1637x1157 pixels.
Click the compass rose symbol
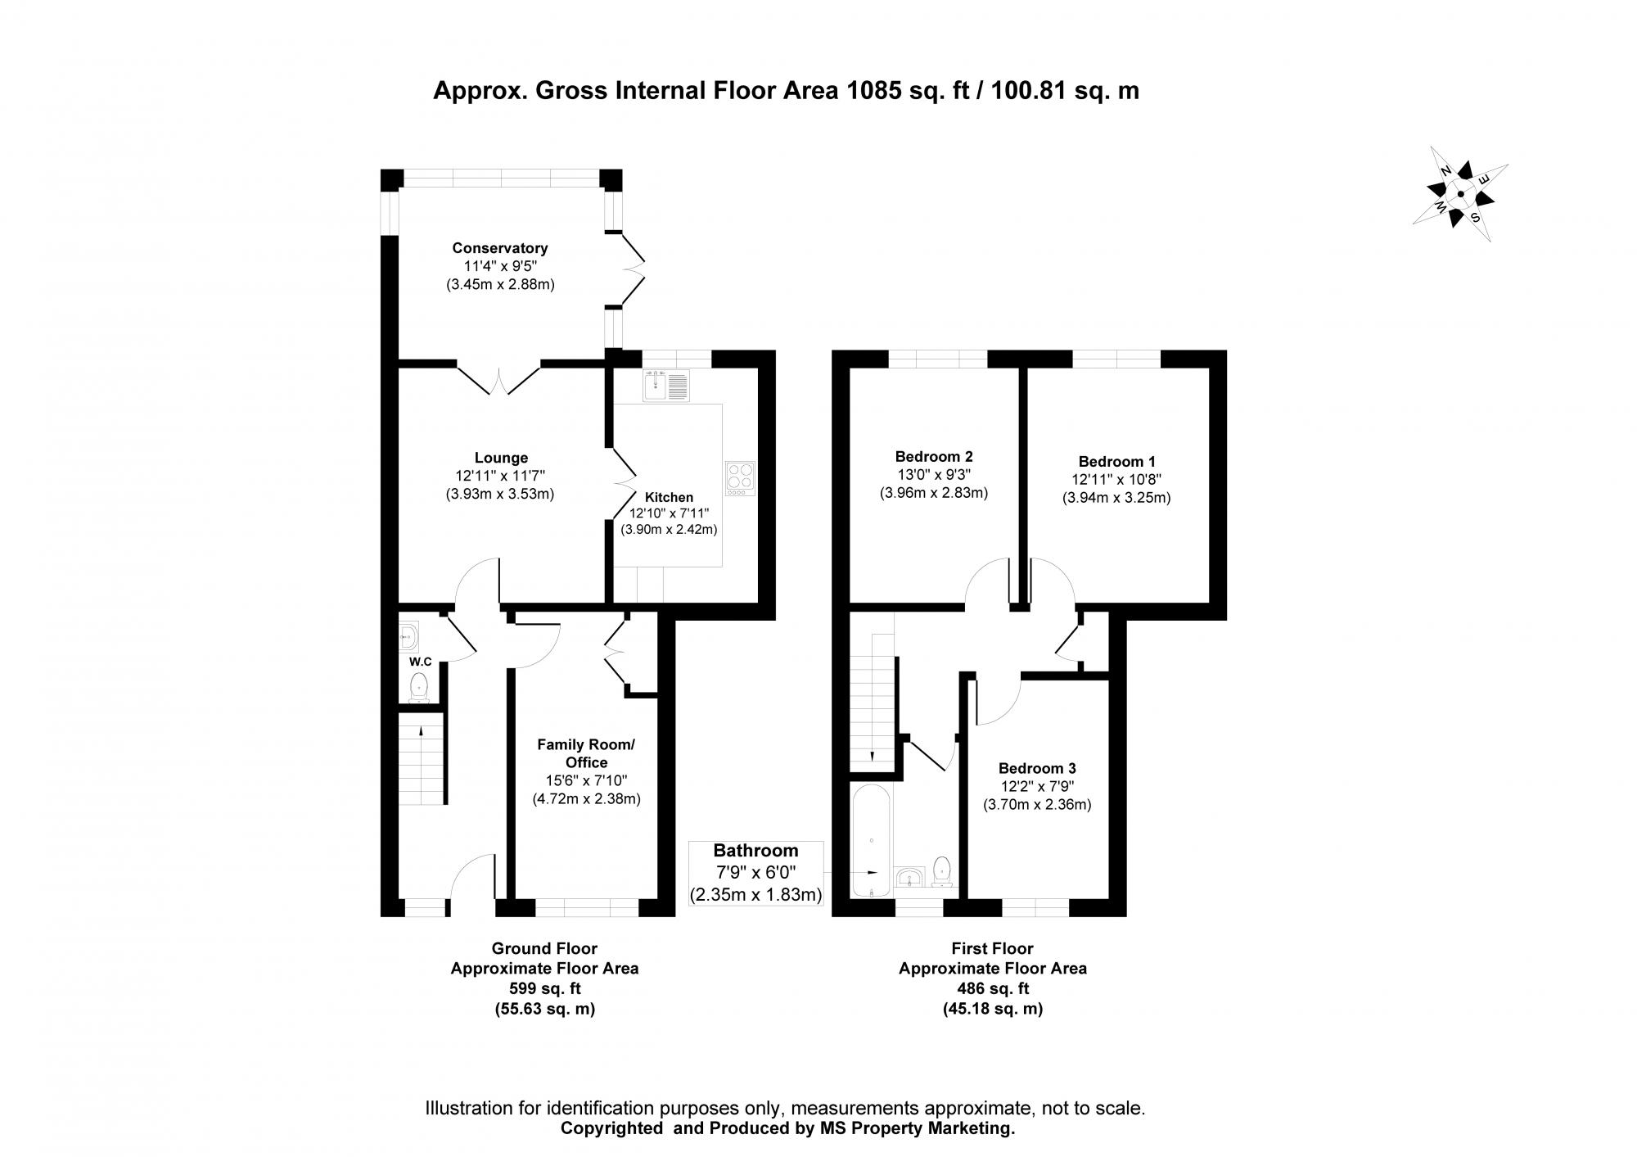click(x=1461, y=195)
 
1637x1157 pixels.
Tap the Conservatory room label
click(x=499, y=248)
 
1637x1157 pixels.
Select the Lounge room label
click(x=501, y=458)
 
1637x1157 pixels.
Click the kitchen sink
click(x=666, y=385)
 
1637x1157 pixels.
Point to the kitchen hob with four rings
click(x=740, y=478)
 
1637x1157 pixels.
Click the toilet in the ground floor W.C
click(x=419, y=686)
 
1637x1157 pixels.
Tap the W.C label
click(x=421, y=661)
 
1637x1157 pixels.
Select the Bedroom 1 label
click(x=1116, y=462)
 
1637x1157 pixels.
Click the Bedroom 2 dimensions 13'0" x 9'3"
click(x=934, y=475)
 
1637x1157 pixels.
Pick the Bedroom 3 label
click(x=1037, y=768)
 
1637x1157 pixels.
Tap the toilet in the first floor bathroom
click(x=943, y=870)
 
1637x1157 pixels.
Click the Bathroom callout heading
click(x=755, y=851)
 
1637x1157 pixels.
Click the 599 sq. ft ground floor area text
click(x=544, y=989)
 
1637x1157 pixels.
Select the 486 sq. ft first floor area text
click(x=992, y=989)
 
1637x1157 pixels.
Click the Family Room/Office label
click(x=586, y=753)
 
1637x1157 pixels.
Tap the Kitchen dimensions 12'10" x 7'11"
click(x=669, y=513)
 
